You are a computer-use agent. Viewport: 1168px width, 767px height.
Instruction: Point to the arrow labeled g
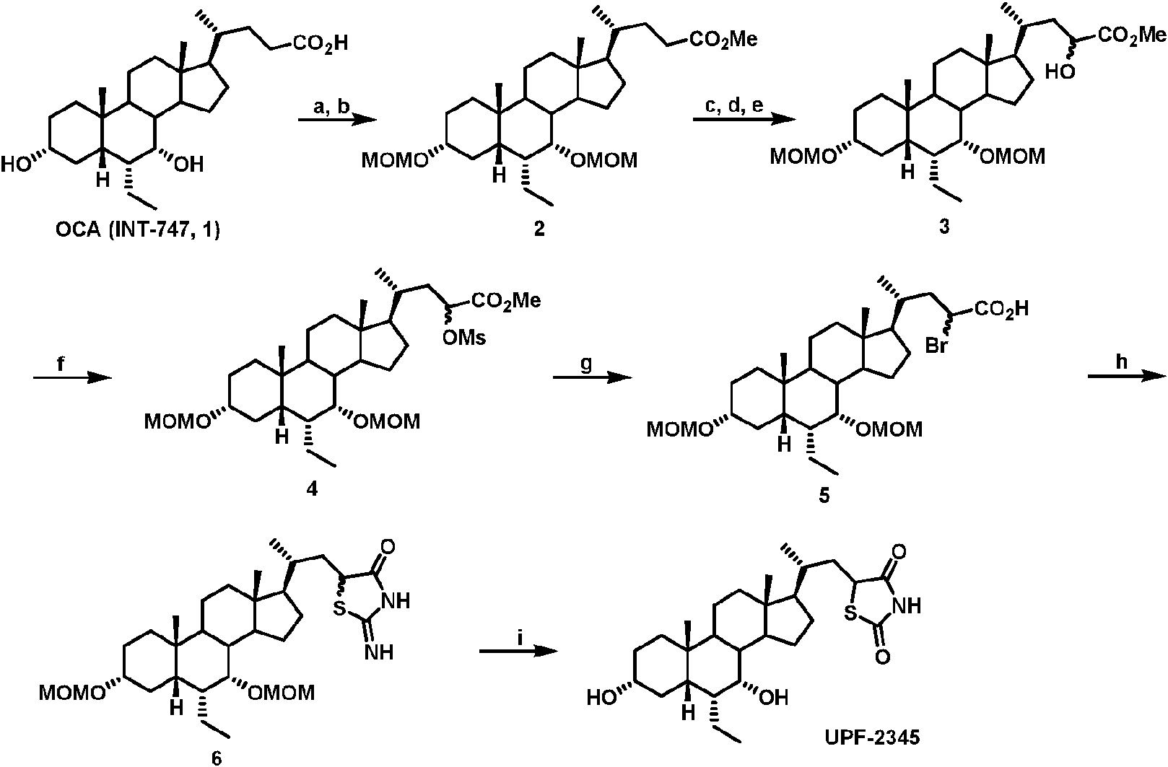586,377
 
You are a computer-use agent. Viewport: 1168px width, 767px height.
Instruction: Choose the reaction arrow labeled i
518,651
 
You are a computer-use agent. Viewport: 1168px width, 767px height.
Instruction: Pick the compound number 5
824,497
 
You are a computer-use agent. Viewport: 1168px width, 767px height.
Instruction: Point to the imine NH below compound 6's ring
380,653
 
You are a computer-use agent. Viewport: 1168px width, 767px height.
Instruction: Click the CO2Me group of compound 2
723,40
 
